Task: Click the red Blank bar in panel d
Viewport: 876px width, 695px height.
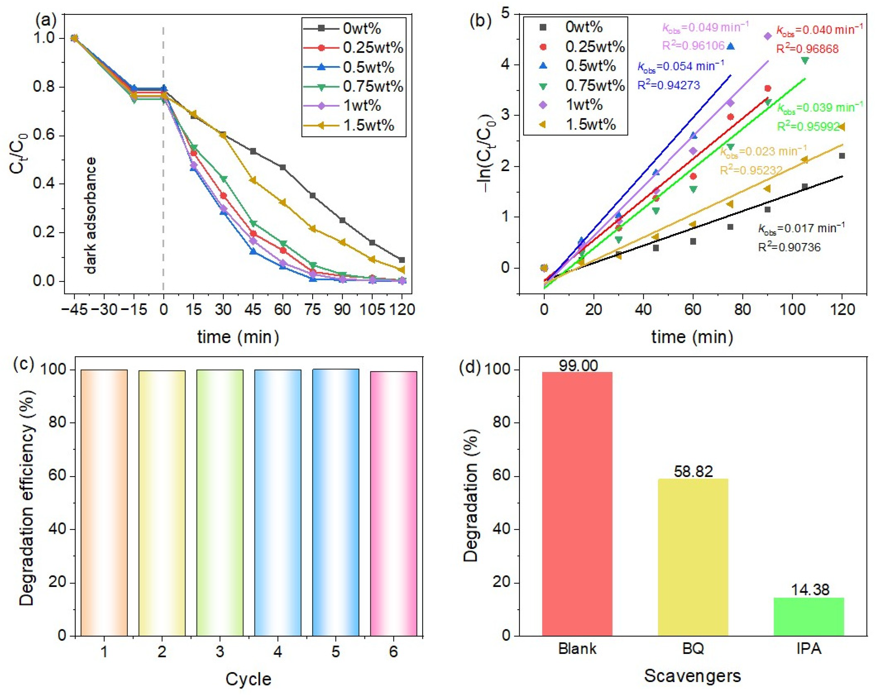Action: click(x=577, y=504)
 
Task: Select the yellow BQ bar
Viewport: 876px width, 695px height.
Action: click(x=693, y=557)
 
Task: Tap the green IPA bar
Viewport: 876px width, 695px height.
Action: click(x=809, y=617)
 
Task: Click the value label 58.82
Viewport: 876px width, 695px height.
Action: click(x=693, y=471)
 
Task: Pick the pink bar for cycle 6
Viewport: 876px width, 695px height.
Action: click(x=393, y=504)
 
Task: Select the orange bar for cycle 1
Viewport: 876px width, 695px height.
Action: click(x=104, y=503)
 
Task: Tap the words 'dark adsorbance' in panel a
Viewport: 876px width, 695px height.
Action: click(x=90, y=215)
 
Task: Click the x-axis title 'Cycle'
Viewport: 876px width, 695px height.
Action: click(x=248, y=679)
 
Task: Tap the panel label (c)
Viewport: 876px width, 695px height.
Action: click(x=23, y=364)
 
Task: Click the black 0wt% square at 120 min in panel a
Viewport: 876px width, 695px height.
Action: click(x=402, y=260)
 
